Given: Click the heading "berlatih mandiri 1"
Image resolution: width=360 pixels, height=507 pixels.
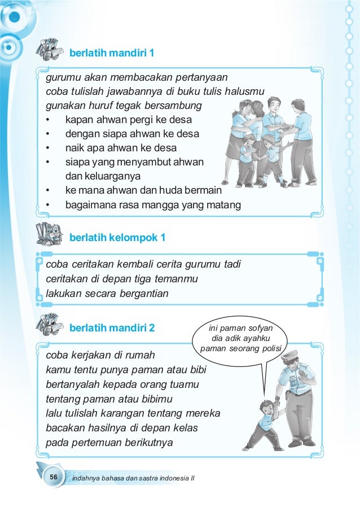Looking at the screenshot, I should tap(112, 53).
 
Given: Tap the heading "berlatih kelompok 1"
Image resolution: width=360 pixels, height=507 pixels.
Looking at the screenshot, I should tap(117, 238).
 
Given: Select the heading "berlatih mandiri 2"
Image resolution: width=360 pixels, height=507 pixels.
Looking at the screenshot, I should tap(112, 327).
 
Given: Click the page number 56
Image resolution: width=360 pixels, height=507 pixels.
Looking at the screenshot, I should tap(54, 478).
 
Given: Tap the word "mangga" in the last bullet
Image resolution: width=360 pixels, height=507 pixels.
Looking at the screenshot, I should tap(180, 205).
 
